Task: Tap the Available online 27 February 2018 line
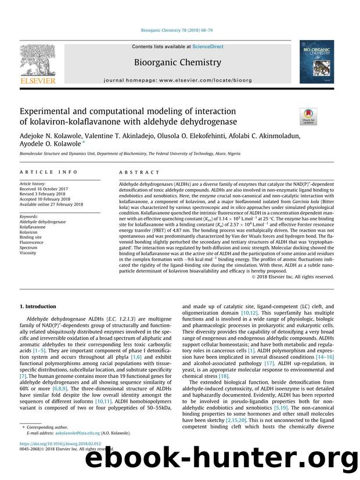coord(52,204)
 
